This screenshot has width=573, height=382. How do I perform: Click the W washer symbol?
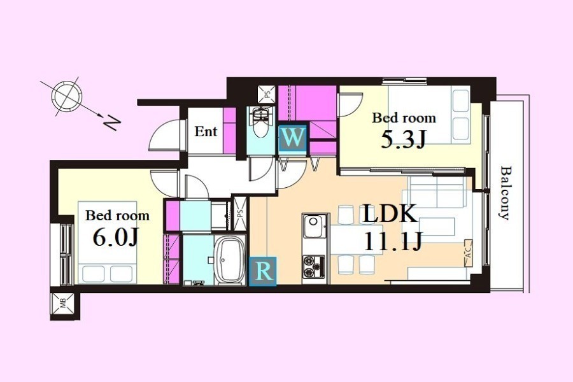coord(292,138)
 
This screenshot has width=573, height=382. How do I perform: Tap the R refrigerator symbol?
coord(263,271)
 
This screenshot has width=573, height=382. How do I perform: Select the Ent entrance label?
coord(206,131)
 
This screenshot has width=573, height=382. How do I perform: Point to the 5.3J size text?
coord(404,139)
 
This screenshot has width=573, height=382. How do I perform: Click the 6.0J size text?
coord(115,237)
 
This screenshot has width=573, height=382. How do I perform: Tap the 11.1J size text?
coord(393,241)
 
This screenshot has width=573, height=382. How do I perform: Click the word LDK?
coord(389,214)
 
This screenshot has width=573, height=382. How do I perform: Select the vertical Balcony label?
coord(505,193)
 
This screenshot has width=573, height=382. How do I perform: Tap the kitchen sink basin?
coord(314,226)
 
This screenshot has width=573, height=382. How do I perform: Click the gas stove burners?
coord(313,267)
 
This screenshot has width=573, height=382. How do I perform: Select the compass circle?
coord(66,96)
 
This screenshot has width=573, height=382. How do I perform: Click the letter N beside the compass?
coord(111,123)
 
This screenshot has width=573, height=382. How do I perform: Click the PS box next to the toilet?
coord(265,94)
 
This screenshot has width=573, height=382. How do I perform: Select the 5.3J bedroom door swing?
coord(350,104)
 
